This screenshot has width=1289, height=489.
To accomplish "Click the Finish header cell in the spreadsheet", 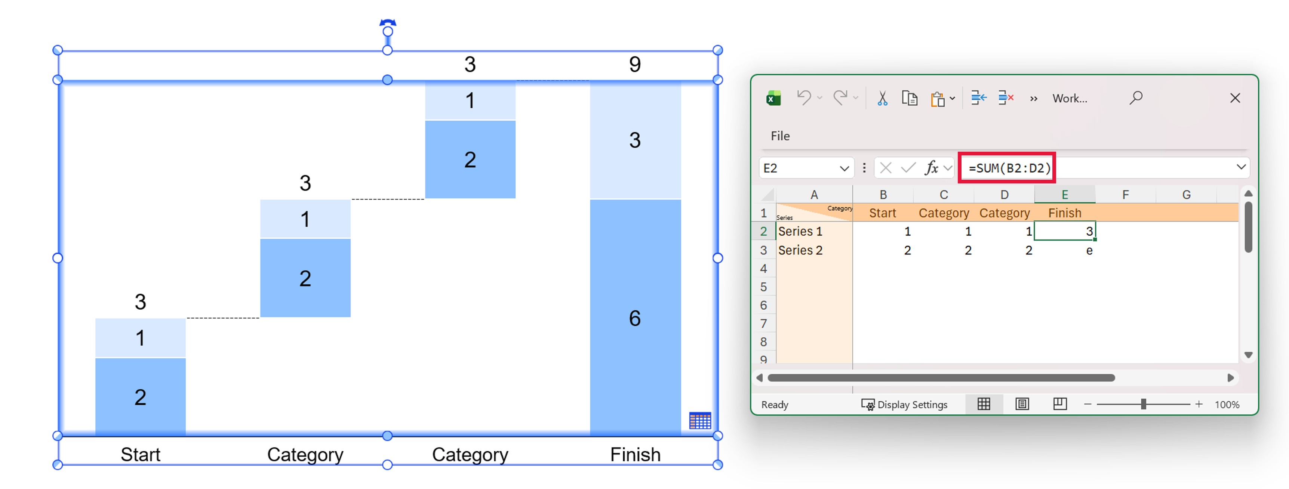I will click(1065, 213).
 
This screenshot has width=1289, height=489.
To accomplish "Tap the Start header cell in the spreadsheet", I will click(883, 213).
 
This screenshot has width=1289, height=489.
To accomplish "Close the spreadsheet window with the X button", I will click(1235, 98).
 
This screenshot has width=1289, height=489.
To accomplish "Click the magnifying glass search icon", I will click(1136, 98).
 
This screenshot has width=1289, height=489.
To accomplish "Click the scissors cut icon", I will click(882, 98).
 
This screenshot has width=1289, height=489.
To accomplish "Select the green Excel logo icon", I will click(773, 98).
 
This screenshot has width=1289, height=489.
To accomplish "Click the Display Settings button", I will click(905, 405).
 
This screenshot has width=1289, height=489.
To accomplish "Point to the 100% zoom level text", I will click(1227, 405).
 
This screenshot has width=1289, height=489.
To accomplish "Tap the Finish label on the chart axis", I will click(635, 455).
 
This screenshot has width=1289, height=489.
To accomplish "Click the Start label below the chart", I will click(141, 455).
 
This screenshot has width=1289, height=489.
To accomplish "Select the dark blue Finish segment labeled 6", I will click(635, 318).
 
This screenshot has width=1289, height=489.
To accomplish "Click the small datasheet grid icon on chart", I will click(699, 421).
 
